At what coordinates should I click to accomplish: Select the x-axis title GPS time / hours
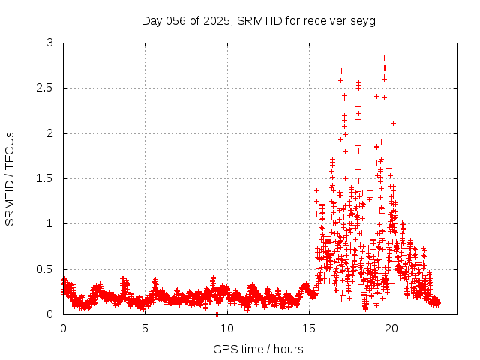pos(258,349)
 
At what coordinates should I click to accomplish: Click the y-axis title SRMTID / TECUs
pos(10,178)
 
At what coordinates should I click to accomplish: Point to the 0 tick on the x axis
pos(63,328)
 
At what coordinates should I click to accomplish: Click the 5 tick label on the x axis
pos(145,328)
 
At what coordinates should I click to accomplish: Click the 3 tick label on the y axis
pos(49,43)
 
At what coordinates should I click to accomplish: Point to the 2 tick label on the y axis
pos(49,133)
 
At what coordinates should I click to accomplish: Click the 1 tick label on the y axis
pos(49,223)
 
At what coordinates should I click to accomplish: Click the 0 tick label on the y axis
pos(49,314)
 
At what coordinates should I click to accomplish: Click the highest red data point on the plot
pos(384,58)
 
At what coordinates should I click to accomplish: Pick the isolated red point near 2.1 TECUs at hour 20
pos(393,123)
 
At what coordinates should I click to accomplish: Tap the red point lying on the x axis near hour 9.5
pos(217,313)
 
